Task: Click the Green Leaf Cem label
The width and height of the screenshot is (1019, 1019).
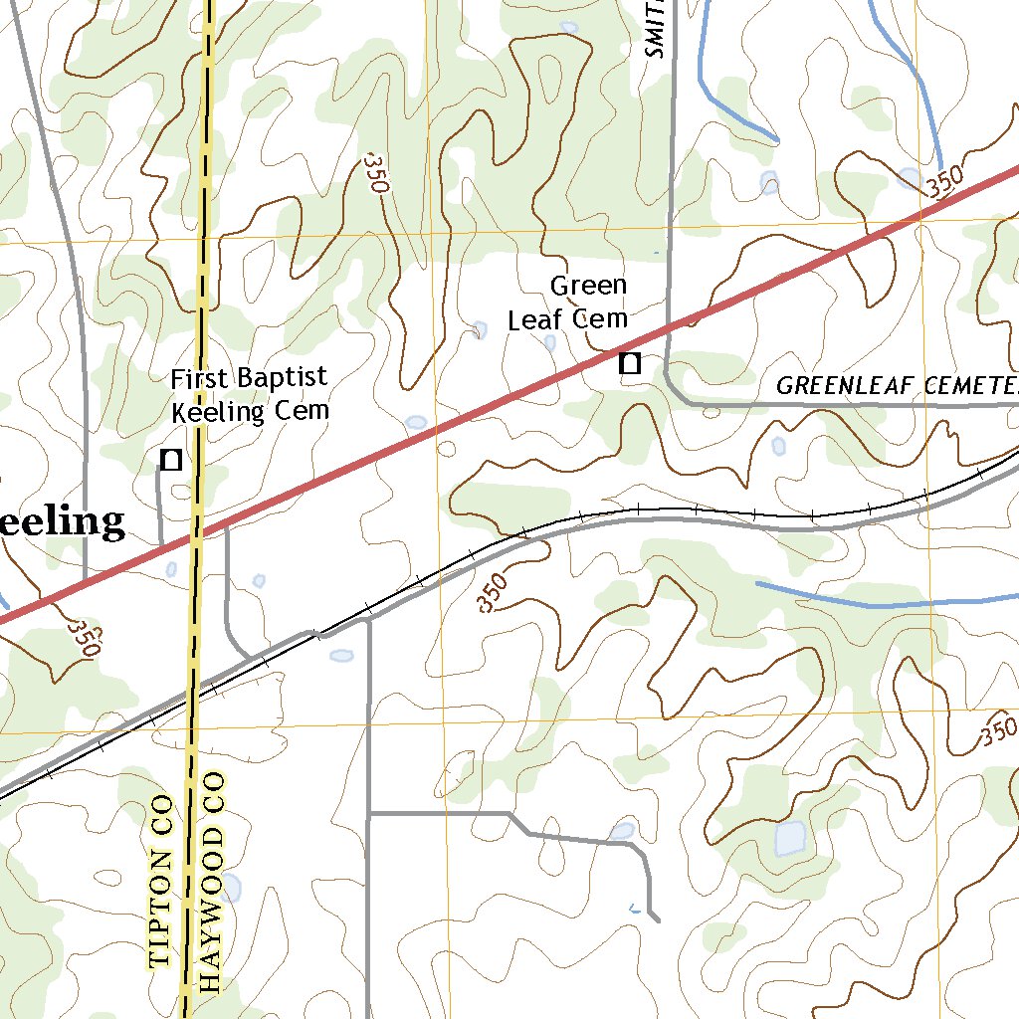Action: pos(568,303)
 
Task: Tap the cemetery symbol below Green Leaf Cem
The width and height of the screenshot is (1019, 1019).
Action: pos(629,363)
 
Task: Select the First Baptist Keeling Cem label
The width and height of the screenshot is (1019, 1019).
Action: pos(249,394)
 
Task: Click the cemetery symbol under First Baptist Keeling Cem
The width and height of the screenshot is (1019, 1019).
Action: pos(171,459)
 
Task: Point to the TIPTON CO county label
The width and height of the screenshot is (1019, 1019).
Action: pos(161,882)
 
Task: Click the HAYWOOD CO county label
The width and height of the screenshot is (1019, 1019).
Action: pos(211,880)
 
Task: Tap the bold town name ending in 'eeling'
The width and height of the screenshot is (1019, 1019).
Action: pos(62,521)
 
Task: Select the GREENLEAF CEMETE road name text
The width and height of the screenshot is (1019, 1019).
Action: pos(896,385)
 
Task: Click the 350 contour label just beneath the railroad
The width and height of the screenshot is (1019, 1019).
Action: pos(493,593)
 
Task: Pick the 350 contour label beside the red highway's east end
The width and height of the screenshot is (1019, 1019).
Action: pos(942,183)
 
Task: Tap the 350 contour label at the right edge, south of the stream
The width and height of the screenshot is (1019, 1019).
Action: pos(997,732)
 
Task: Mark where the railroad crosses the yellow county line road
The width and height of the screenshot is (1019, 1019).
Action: pos(192,697)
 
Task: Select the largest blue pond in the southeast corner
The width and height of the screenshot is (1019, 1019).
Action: pos(790,838)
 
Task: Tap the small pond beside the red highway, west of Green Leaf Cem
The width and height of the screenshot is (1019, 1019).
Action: pos(416,422)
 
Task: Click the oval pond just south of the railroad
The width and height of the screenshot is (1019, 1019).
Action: pos(341,656)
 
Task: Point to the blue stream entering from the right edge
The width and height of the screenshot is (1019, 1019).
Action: pos(896,603)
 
